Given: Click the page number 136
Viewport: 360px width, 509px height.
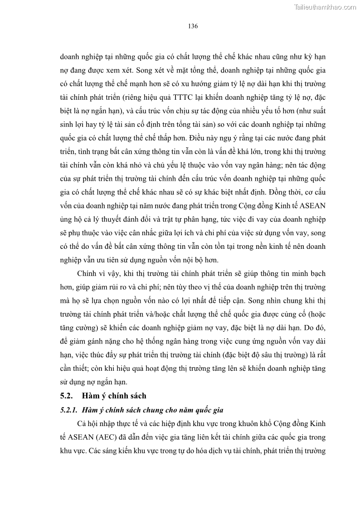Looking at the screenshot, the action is (x=193, y=26).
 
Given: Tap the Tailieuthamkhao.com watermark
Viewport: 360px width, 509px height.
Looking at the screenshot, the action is (x=326, y=7).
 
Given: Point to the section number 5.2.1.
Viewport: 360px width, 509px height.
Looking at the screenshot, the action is (x=68, y=410).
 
